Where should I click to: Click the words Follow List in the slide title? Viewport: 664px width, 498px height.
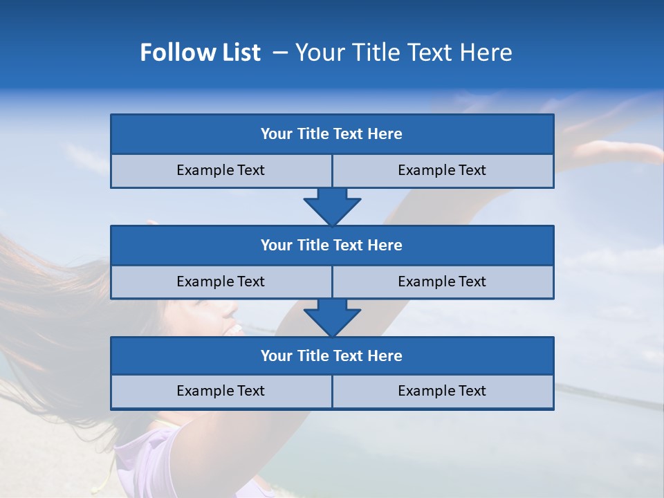tap(200, 53)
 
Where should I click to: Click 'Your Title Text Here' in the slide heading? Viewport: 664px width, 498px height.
tap(403, 53)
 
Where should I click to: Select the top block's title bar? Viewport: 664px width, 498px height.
tap(331, 134)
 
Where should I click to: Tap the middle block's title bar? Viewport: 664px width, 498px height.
tap(331, 245)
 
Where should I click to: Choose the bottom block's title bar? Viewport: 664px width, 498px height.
tap(331, 356)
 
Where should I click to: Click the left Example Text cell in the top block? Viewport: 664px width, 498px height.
tap(221, 170)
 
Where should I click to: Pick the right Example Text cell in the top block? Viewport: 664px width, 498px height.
tap(442, 170)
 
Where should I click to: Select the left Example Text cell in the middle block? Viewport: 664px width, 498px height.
tap(221, 282)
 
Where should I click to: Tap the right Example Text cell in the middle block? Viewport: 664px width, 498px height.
tap(442, 282)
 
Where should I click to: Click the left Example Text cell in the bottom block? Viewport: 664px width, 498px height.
tap(221, 391)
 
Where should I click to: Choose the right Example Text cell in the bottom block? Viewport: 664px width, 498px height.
tap(442, 391)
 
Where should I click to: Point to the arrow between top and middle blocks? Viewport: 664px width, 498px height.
tap(332, 206)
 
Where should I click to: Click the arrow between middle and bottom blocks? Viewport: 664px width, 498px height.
tap(332, 317)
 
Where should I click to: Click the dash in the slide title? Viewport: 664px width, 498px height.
tap(280, 53)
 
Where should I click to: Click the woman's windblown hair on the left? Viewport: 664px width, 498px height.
tap(48, 304)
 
